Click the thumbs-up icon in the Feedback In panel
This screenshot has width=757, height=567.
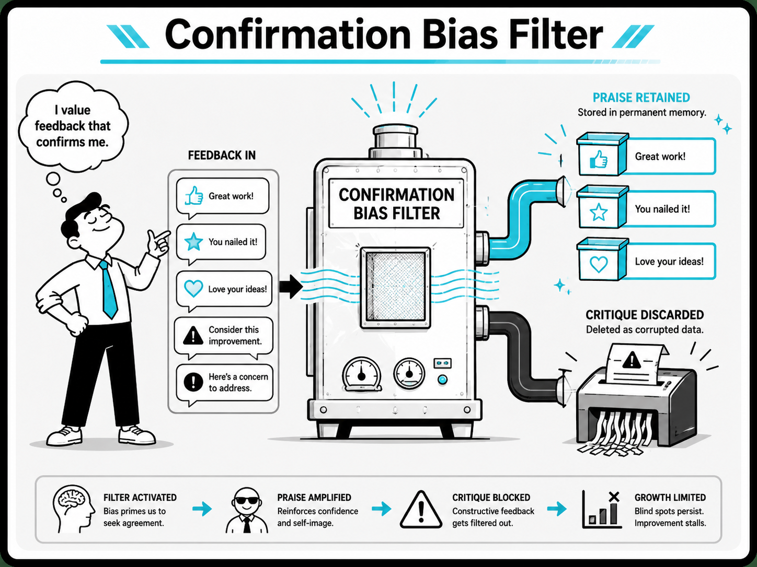(x=194, y=196)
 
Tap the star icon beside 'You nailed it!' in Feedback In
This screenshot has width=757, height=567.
(x=193, y=241)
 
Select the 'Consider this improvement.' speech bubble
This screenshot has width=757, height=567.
(x=224, y=337)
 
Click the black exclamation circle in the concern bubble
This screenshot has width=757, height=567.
(x=193, y=382)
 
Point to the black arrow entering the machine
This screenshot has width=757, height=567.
(x=291, y=287)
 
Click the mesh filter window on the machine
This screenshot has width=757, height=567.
(x=395, y=288)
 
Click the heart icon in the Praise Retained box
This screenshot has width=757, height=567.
(x=599, y=264)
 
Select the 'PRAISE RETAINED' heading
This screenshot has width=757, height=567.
(x=641, y=98)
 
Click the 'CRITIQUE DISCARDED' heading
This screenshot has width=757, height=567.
(x=645, y=315)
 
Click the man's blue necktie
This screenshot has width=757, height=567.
(x=109, y=290)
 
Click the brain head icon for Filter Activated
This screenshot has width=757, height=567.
(x=74, y=509)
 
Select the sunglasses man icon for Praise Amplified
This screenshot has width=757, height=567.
(x=247, y=510)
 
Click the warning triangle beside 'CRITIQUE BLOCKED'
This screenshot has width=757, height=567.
(x=421, y=510)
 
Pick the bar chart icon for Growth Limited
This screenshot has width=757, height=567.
(x=601, y=510)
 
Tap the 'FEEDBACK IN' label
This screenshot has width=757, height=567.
(x=222, y=155)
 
